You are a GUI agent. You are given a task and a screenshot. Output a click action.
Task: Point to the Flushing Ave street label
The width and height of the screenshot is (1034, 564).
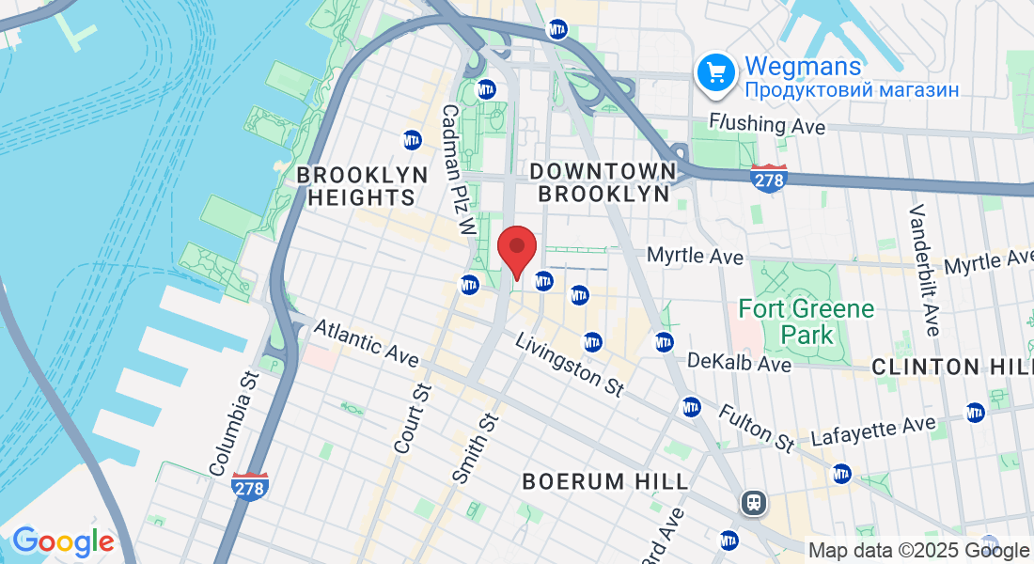tap(768, 124)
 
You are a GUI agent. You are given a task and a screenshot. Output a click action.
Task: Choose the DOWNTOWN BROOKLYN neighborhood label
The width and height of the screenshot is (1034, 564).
tap(603, 182)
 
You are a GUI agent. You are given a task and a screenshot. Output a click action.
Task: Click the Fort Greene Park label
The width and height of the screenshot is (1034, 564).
tap(807, 321)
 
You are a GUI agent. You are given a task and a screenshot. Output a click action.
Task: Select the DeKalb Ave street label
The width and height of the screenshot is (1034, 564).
tap(740, 362)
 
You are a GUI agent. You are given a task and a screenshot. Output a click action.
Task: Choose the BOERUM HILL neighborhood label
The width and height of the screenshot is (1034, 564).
tap(605, 481)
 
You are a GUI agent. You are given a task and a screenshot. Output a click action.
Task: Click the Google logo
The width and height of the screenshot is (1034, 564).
tap(63, 541)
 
